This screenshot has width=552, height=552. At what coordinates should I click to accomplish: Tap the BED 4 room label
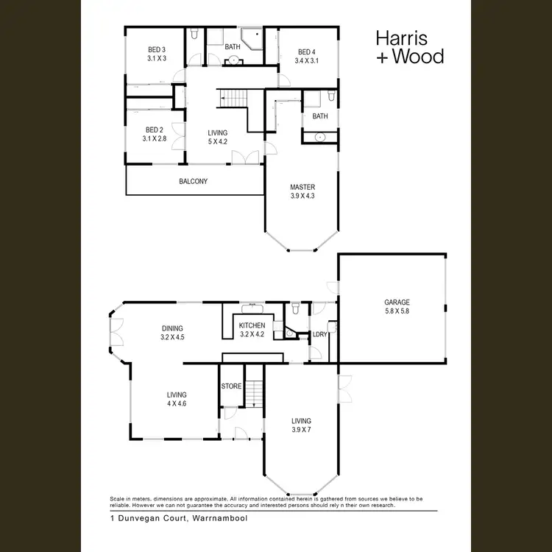pos(305,52)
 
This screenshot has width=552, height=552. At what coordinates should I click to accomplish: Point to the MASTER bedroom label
pos(302,187)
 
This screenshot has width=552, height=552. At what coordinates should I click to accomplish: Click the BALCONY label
pos(193,181)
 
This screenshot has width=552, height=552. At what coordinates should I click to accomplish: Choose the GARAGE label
pos(396,302)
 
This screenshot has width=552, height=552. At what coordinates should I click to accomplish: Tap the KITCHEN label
pos(252,325)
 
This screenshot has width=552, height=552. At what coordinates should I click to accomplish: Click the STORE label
pos(230,386)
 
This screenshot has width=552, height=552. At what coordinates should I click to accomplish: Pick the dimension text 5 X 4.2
pos(217,142)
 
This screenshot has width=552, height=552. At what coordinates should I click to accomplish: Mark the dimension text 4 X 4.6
pos(177,403)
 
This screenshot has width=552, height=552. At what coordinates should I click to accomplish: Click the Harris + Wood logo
pos(409,46)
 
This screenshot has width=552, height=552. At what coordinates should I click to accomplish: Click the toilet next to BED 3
pos(194,34)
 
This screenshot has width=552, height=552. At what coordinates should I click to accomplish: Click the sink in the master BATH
pos(321,137)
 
